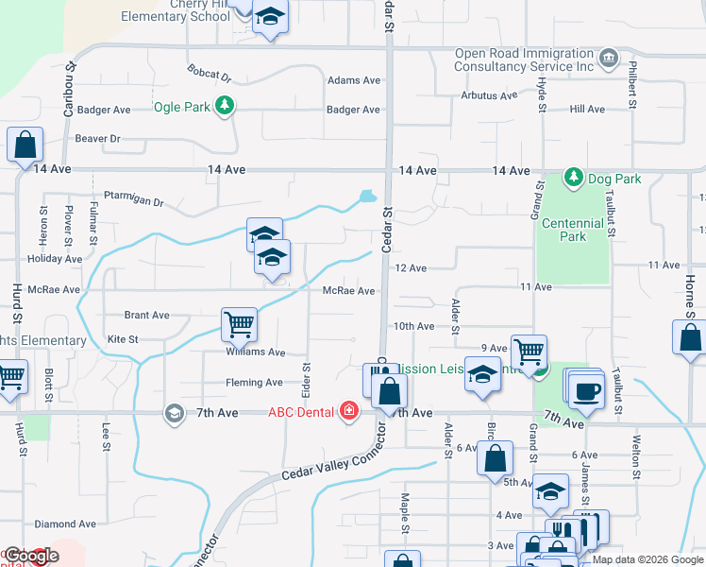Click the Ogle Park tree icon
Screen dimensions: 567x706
click(225, 106)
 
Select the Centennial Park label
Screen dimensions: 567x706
click(572, 230)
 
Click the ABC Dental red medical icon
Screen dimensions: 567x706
click(349, 411)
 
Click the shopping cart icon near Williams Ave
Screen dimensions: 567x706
click(239, 324)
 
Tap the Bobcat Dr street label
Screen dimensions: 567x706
click(210, 73)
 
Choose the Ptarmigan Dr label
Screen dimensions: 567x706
click(134, 196)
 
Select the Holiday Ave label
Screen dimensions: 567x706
click(55, 259)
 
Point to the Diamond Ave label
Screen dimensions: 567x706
click(65, 524)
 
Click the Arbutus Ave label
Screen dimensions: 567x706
click(489, 95)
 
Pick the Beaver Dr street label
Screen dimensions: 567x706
click(98, 139)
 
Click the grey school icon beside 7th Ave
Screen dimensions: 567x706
click(173, 413)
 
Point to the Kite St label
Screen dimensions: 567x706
click(123, 338)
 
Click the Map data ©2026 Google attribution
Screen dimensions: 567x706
click(647, 559)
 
